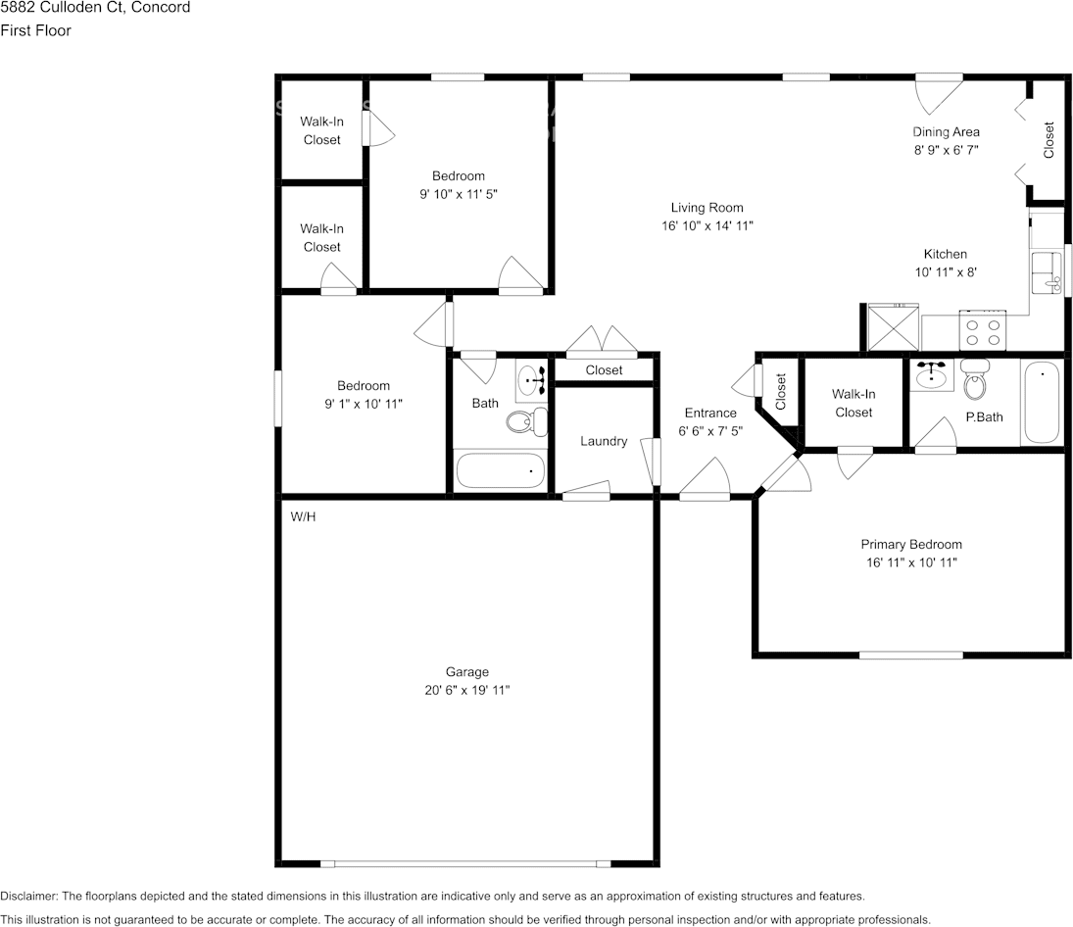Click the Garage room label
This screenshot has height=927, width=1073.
467,672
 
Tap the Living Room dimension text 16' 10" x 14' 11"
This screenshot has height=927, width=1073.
707,225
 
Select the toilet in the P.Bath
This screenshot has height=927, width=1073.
974,382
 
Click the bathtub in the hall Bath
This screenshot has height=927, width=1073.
500,470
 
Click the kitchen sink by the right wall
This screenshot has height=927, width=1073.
1048,271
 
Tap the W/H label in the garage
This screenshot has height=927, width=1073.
303,516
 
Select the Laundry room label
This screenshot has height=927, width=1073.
603,441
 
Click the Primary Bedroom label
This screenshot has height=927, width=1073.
910,544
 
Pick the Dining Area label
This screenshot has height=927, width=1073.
946,132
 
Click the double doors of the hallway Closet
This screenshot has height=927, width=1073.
604,341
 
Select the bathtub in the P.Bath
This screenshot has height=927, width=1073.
1041,403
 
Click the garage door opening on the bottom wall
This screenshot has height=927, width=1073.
465,863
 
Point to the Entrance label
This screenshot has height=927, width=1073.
709,413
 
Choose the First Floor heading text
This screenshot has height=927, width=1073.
35,30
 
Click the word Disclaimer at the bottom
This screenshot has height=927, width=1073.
29,896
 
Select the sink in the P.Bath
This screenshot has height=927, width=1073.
930,374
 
